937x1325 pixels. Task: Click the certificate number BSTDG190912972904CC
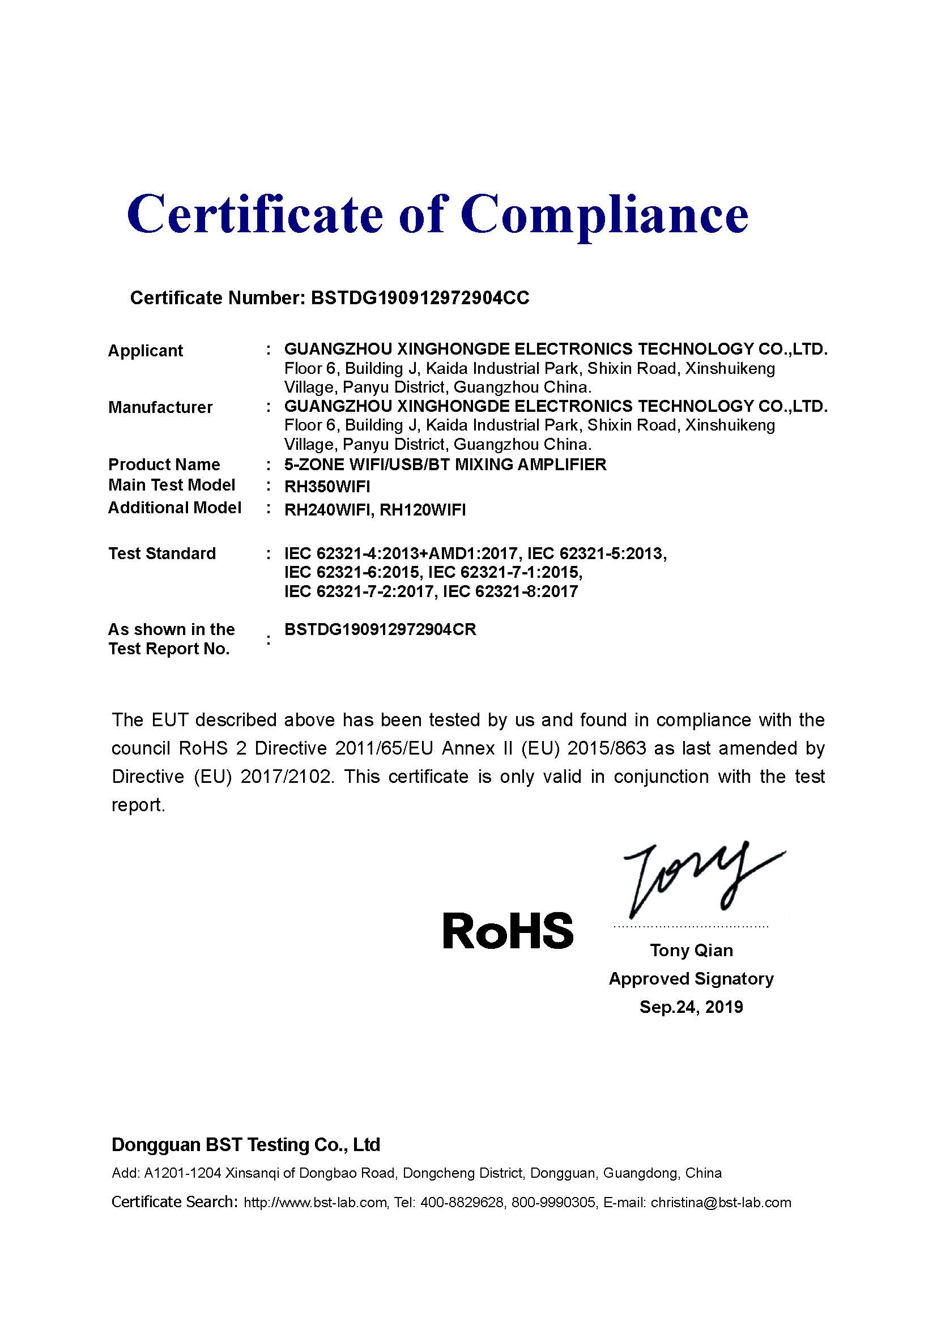[419, 298]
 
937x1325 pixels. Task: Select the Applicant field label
[146, 351]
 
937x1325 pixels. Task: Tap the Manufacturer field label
[160, 407]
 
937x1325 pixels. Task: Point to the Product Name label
[164, 465]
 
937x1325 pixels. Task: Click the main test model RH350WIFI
[327, 487]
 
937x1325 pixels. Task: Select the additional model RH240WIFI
[326, 510]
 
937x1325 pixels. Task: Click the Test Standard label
[162, 553]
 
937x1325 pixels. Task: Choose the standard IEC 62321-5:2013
[597, 553]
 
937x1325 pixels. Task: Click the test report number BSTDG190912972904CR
[380, 629]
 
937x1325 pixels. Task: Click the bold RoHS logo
[508, 931]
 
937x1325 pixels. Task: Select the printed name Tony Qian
[691, 951]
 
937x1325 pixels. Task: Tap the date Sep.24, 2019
[691, 1007]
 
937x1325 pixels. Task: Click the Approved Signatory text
[691, 979]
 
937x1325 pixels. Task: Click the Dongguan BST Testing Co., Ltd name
[246, 1145]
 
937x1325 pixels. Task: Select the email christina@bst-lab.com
[721, 1203]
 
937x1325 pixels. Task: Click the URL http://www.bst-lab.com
[315, 1203]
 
